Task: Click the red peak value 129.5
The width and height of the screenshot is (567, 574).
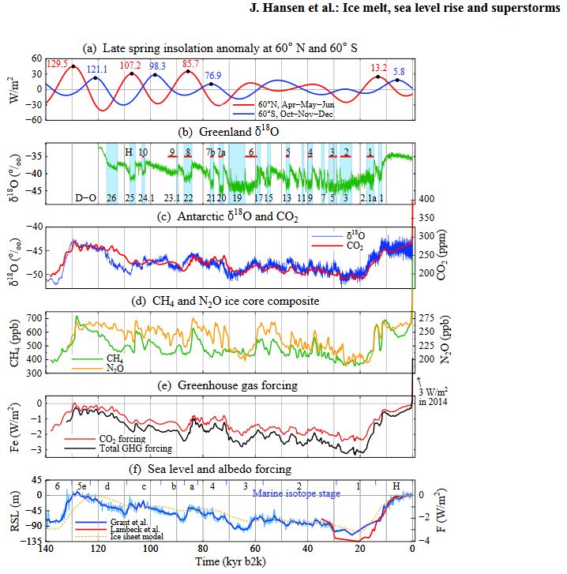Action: [x=57, y=63]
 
